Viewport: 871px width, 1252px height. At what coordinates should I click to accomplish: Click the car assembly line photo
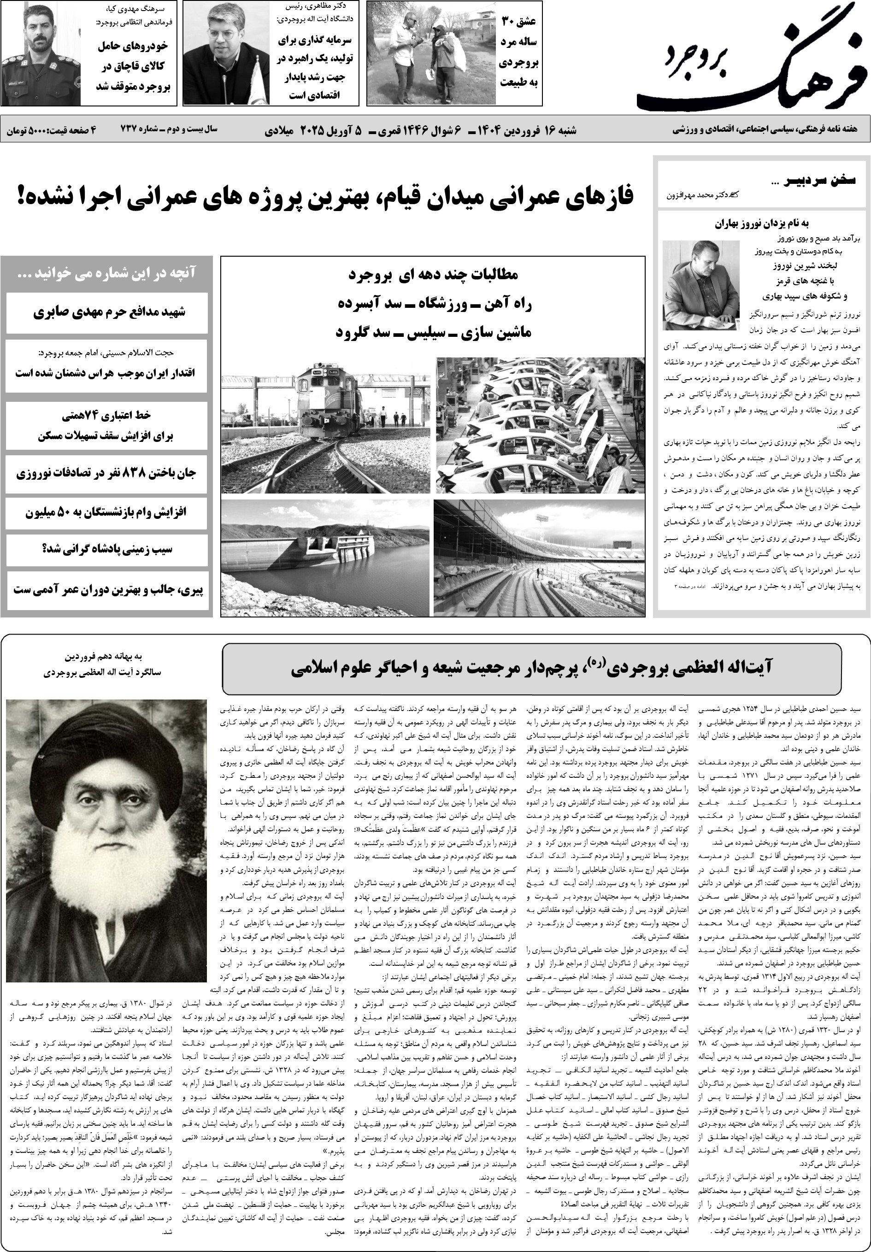[x=540, y=425]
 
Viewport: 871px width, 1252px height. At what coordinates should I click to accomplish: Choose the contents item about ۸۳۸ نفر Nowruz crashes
[x=107, y=472]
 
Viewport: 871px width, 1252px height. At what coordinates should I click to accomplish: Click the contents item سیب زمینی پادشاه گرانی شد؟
[x=107, y=549]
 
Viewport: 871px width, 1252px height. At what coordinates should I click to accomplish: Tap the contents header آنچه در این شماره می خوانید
[x=107, y=273]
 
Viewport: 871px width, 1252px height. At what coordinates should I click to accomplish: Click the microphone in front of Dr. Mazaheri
[x=225, y=87]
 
